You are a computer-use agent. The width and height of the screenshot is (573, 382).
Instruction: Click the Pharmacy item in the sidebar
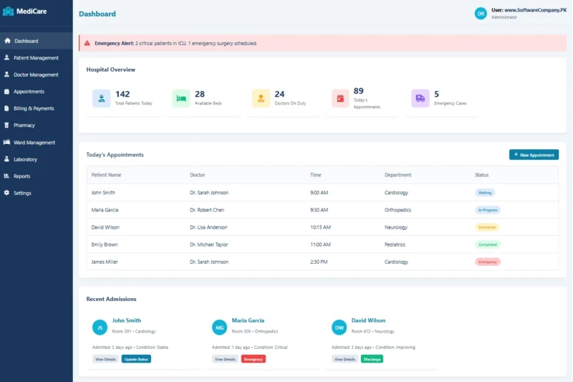coord(24,125)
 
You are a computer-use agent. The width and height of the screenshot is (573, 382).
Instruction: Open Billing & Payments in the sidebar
coord(34,108)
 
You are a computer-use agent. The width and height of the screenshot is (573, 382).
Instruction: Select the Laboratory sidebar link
coord(26,159)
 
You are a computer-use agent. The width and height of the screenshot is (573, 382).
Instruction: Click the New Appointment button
coord(534,155)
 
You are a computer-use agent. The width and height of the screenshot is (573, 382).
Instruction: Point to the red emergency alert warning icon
coord(88,43)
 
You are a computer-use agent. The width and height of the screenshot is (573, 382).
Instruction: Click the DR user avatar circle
coord(481,14)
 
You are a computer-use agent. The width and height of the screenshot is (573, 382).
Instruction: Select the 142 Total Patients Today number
coord(122,94)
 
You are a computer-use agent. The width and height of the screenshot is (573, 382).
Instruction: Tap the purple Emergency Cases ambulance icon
coord(420,98)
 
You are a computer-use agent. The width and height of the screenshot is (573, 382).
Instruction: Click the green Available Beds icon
coord(181,98)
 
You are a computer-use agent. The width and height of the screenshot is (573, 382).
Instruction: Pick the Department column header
coord(398,175)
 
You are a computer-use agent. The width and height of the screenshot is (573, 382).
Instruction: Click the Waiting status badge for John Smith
coord(485,193)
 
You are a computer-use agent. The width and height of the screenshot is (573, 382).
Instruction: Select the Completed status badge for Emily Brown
coord(488,244)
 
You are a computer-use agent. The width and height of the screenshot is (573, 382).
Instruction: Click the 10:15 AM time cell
coord(320,227)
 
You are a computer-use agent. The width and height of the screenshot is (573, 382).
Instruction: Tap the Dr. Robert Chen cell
coord(207,210)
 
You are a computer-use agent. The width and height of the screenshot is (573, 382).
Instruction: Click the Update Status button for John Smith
coord(136,359)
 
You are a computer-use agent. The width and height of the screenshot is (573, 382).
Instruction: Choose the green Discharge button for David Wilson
coord(372,359)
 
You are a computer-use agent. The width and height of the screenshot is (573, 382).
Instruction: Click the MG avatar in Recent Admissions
coord(220,328)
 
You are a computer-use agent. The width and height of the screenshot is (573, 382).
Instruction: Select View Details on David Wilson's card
coord(345,359)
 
